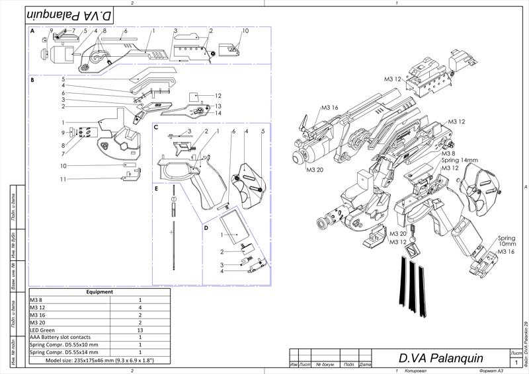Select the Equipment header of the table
(x=99, y=291)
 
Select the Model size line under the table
(x=99, y=360)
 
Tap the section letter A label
(x=32, y=31)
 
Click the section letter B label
(x=32, y=80)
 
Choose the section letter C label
(x=156, y=127)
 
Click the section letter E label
(x=156, y=188)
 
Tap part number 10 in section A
(x=245, y=31)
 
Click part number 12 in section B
(x=218, y=96)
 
